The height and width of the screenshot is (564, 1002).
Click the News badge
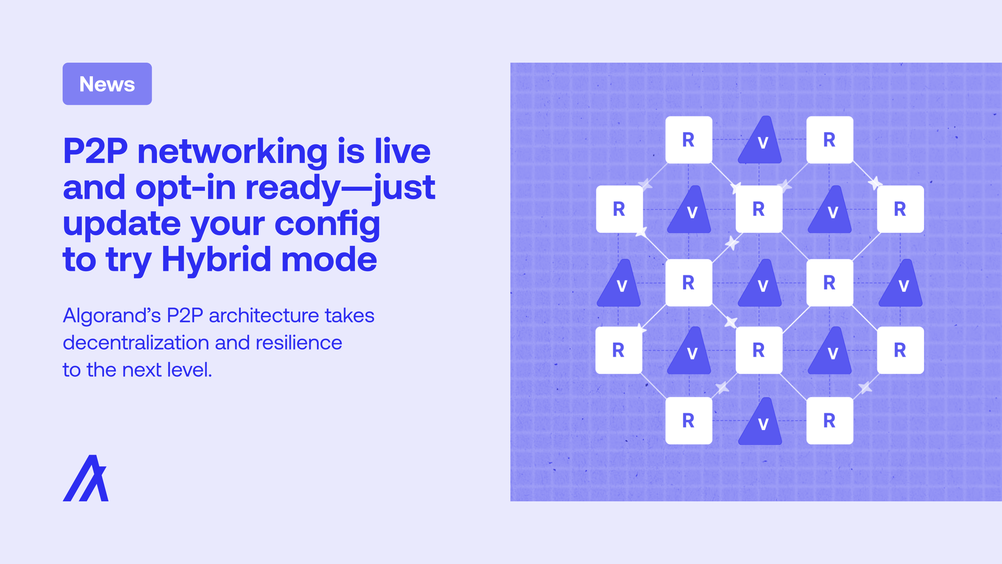pos(107,84)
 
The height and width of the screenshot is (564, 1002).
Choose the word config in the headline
pos(327,224)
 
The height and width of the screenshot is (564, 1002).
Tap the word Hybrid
pos(216,259)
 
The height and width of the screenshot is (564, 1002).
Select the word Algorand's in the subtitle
pos(112,316)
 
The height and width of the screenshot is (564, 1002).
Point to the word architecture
pos(264,316)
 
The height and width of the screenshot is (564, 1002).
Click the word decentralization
pos(136,343)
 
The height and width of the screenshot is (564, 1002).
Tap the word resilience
pos(299,343)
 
